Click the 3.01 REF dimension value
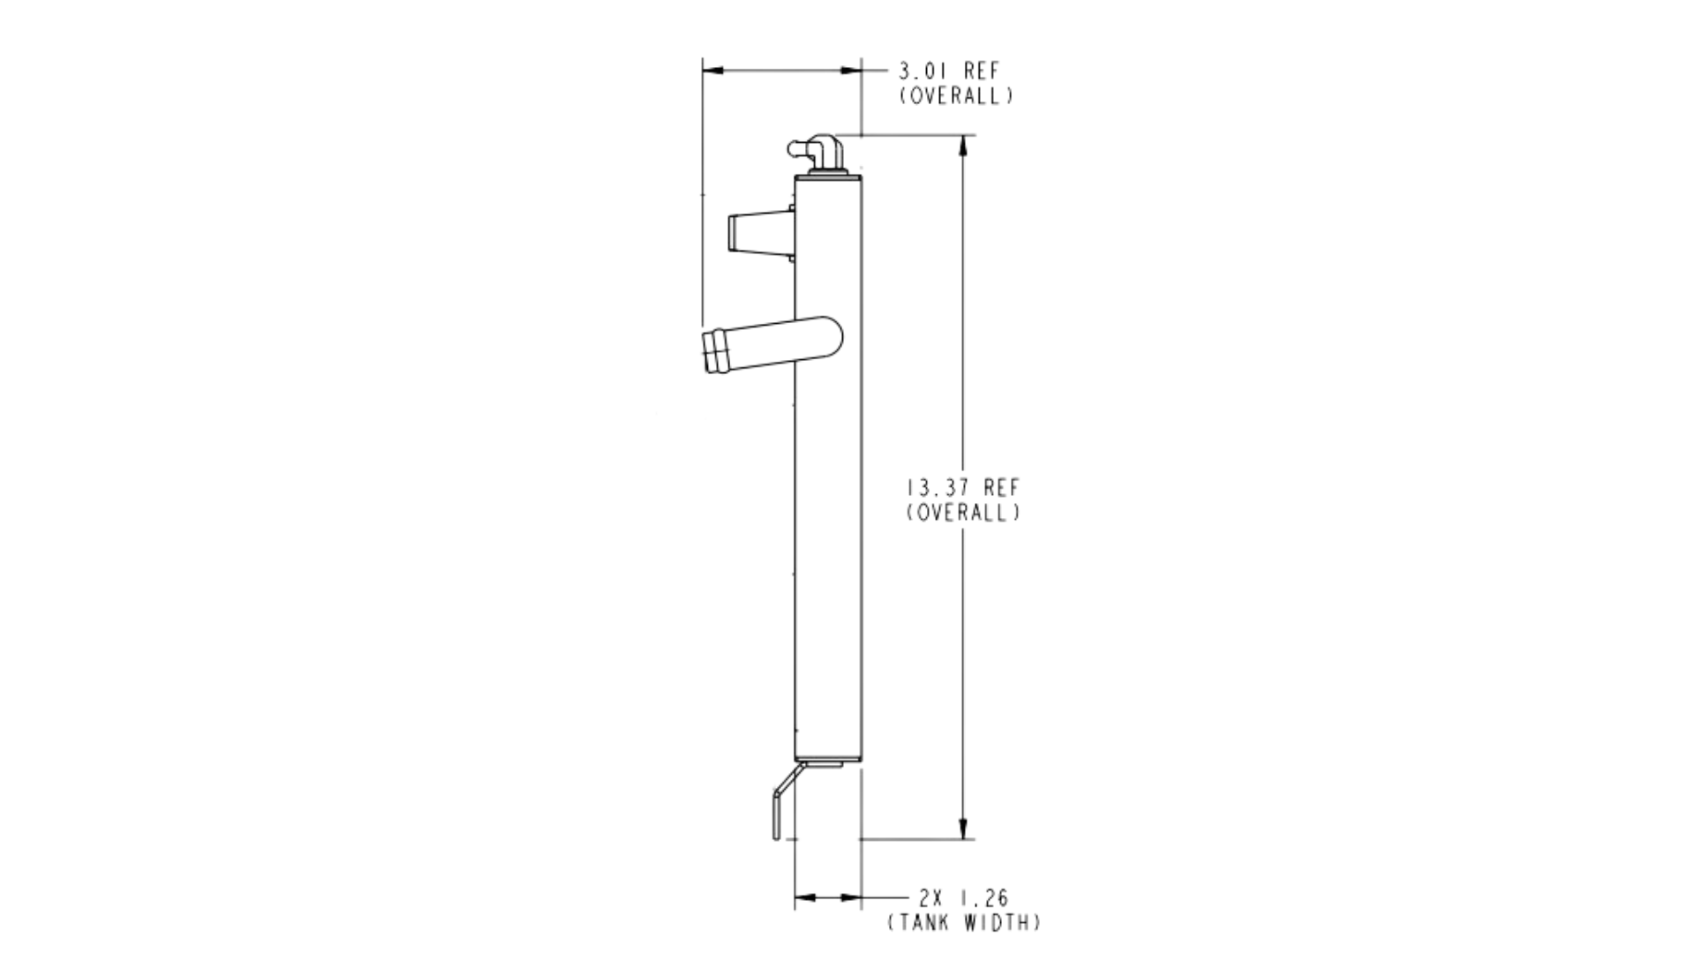point(949,71)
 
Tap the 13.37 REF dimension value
point(963,487)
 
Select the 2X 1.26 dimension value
point(963,898)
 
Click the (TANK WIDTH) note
point(964,923)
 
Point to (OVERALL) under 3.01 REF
point(956,95)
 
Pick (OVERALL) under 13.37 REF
point(963,512)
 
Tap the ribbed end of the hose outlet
point(716,351)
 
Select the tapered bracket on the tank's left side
point(760,234)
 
